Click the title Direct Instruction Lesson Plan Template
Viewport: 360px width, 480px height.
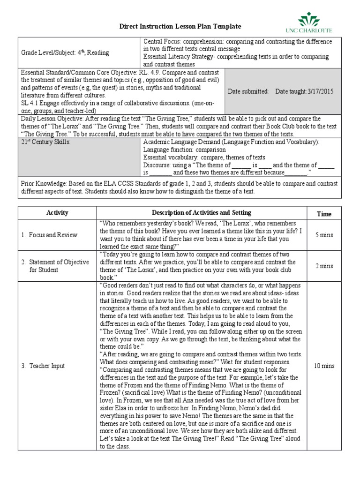[180, 27]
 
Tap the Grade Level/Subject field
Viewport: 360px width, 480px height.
[65, 53]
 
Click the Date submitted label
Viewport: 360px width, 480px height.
[248, 91]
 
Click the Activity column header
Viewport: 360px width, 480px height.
[57, 213]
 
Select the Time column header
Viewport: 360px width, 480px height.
[324, 214]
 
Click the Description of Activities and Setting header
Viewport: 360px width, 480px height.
[202, 213]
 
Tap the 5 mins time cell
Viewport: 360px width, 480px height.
[324, 235]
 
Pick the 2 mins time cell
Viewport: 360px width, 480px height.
[324, 266]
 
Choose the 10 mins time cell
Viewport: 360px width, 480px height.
[324, 366]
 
